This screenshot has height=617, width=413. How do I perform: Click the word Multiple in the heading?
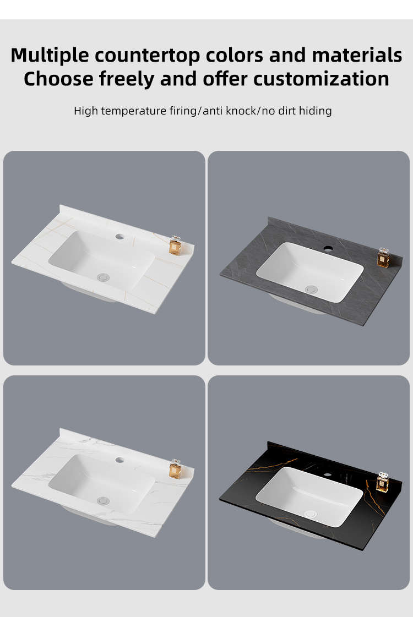50,55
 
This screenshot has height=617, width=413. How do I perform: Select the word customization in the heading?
321,79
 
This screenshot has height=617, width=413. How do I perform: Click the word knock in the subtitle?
241,111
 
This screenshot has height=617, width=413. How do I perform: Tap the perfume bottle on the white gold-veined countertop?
175,246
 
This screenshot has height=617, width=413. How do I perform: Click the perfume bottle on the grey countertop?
383,258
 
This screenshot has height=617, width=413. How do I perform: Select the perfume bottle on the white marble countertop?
175,469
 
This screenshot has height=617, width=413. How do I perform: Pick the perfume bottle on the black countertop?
382,482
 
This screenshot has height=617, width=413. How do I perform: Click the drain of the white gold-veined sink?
103,277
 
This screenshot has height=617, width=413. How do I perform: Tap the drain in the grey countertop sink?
311,290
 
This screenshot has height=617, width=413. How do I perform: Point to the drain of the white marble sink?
103,500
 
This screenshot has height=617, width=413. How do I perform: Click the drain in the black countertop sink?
311,514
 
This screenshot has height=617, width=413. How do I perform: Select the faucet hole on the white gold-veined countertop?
119,237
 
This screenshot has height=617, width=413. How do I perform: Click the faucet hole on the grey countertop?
328,249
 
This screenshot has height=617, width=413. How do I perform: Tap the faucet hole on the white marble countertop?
119,460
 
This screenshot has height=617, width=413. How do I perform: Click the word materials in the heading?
357,55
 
